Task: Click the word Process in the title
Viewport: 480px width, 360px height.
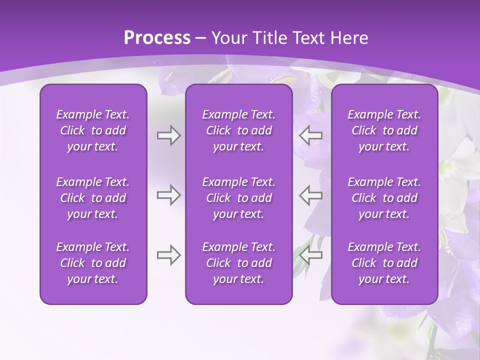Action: click(157, 38)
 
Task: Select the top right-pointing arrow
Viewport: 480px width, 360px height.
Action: click(168, 135)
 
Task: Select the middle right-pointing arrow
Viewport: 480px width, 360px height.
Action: click(168, 195)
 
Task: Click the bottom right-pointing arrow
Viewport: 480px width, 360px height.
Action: click(168, 255)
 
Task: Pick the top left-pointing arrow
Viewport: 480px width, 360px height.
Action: click(310, 135)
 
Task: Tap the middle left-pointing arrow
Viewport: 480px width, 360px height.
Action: click(310, 195)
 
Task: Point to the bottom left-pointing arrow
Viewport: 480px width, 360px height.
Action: click(310, 255)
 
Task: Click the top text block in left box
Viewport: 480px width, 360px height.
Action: click(93, 130)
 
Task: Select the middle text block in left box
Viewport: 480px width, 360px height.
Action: click(93, 198)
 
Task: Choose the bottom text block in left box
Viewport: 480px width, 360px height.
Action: click(93, 263)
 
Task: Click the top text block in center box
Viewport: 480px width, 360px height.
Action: click(238, 130)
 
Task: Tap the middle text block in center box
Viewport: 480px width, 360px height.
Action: click(238, 198)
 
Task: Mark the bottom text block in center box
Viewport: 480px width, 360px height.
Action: click(238, 263)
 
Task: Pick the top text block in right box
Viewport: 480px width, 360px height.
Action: click(384, 130)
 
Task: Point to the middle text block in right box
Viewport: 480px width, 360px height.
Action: click(384, 198)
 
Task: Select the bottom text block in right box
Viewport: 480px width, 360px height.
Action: click(384, 263)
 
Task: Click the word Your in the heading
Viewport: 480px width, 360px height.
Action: click(228, 38)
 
